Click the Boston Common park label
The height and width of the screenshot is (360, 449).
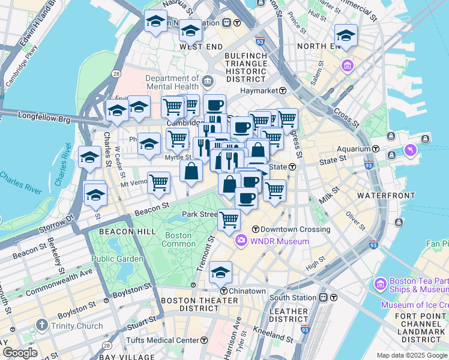point(179,239)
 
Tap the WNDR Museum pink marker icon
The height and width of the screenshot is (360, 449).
point(241,241)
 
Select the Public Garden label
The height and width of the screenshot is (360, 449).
point(117,259)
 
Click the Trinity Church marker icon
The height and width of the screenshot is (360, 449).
point(41,326)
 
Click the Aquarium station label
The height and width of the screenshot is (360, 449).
point(354,148)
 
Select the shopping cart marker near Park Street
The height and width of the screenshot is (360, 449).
point(229,220)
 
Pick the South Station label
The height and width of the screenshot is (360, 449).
point(292,298)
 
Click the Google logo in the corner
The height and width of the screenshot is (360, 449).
point(20,353)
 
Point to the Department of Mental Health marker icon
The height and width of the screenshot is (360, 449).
point(208,80)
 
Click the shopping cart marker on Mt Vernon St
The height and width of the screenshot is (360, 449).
point(158,181)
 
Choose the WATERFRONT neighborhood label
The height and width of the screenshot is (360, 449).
point(385,196)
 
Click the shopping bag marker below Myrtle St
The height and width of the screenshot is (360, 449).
point(191,170)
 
